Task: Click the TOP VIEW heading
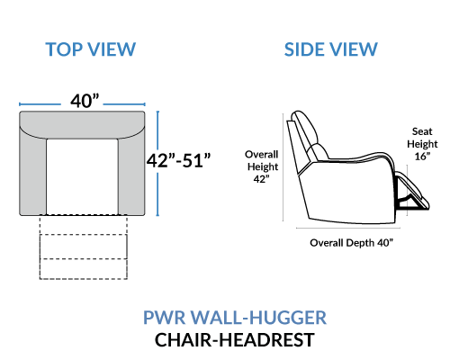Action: tap(91, 49)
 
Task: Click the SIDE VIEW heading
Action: tap(331, 49)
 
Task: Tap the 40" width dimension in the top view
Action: tap(85, 101)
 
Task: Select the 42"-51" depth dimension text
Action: tap(179, 160)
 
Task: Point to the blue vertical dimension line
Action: tap(157, 163)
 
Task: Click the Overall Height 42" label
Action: tap(262, 166)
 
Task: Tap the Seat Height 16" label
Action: tap(422, 144)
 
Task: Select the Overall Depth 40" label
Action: tap(351, 243)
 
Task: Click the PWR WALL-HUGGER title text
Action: tap(235, 318)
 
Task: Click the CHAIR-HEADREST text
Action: tap(235, 340)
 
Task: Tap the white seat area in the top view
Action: tap(82, 177)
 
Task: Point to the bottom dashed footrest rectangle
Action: tap(84, 269)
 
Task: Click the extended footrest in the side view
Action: tap(413, 192)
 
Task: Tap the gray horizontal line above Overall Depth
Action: tap(348, 228)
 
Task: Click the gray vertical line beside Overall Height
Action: tap(283, 167)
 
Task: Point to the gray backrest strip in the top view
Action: tap(82, 124)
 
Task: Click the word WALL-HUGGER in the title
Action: tap(258, 318)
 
